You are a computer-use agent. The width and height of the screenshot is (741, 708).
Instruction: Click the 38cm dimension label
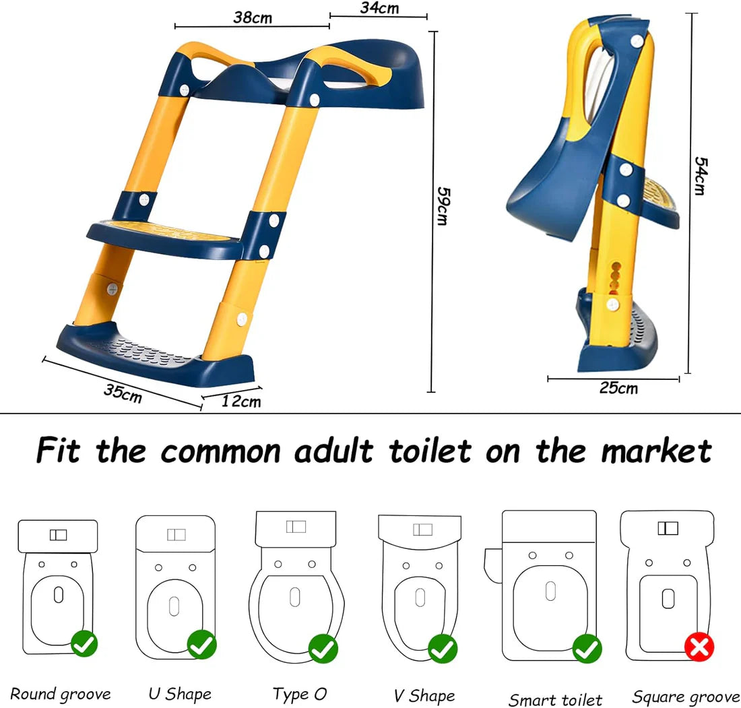pos(253,18)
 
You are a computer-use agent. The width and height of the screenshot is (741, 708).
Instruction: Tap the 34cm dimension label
pos(379,8)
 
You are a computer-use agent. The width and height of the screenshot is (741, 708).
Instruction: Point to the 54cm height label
pos(701,176)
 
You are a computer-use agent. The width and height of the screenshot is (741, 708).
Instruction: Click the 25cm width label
pos(618,388)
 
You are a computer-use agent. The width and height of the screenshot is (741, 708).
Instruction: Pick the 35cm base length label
pos(123,393)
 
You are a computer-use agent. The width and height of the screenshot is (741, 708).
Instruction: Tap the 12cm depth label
pos(241,401)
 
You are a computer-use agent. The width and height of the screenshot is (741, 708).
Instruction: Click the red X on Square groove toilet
pos(699,649)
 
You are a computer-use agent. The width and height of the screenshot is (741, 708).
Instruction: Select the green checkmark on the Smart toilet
pos(586,649)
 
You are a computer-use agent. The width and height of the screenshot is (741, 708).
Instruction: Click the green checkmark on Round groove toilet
pos(84,644)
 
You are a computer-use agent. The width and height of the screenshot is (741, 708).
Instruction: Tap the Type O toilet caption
pos(300,694)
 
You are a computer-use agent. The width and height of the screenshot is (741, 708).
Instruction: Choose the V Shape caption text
pos(424,695)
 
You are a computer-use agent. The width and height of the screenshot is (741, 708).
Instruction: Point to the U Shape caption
pos(180,694)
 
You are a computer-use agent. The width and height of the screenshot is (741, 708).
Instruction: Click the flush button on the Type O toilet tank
pos(296,526)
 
